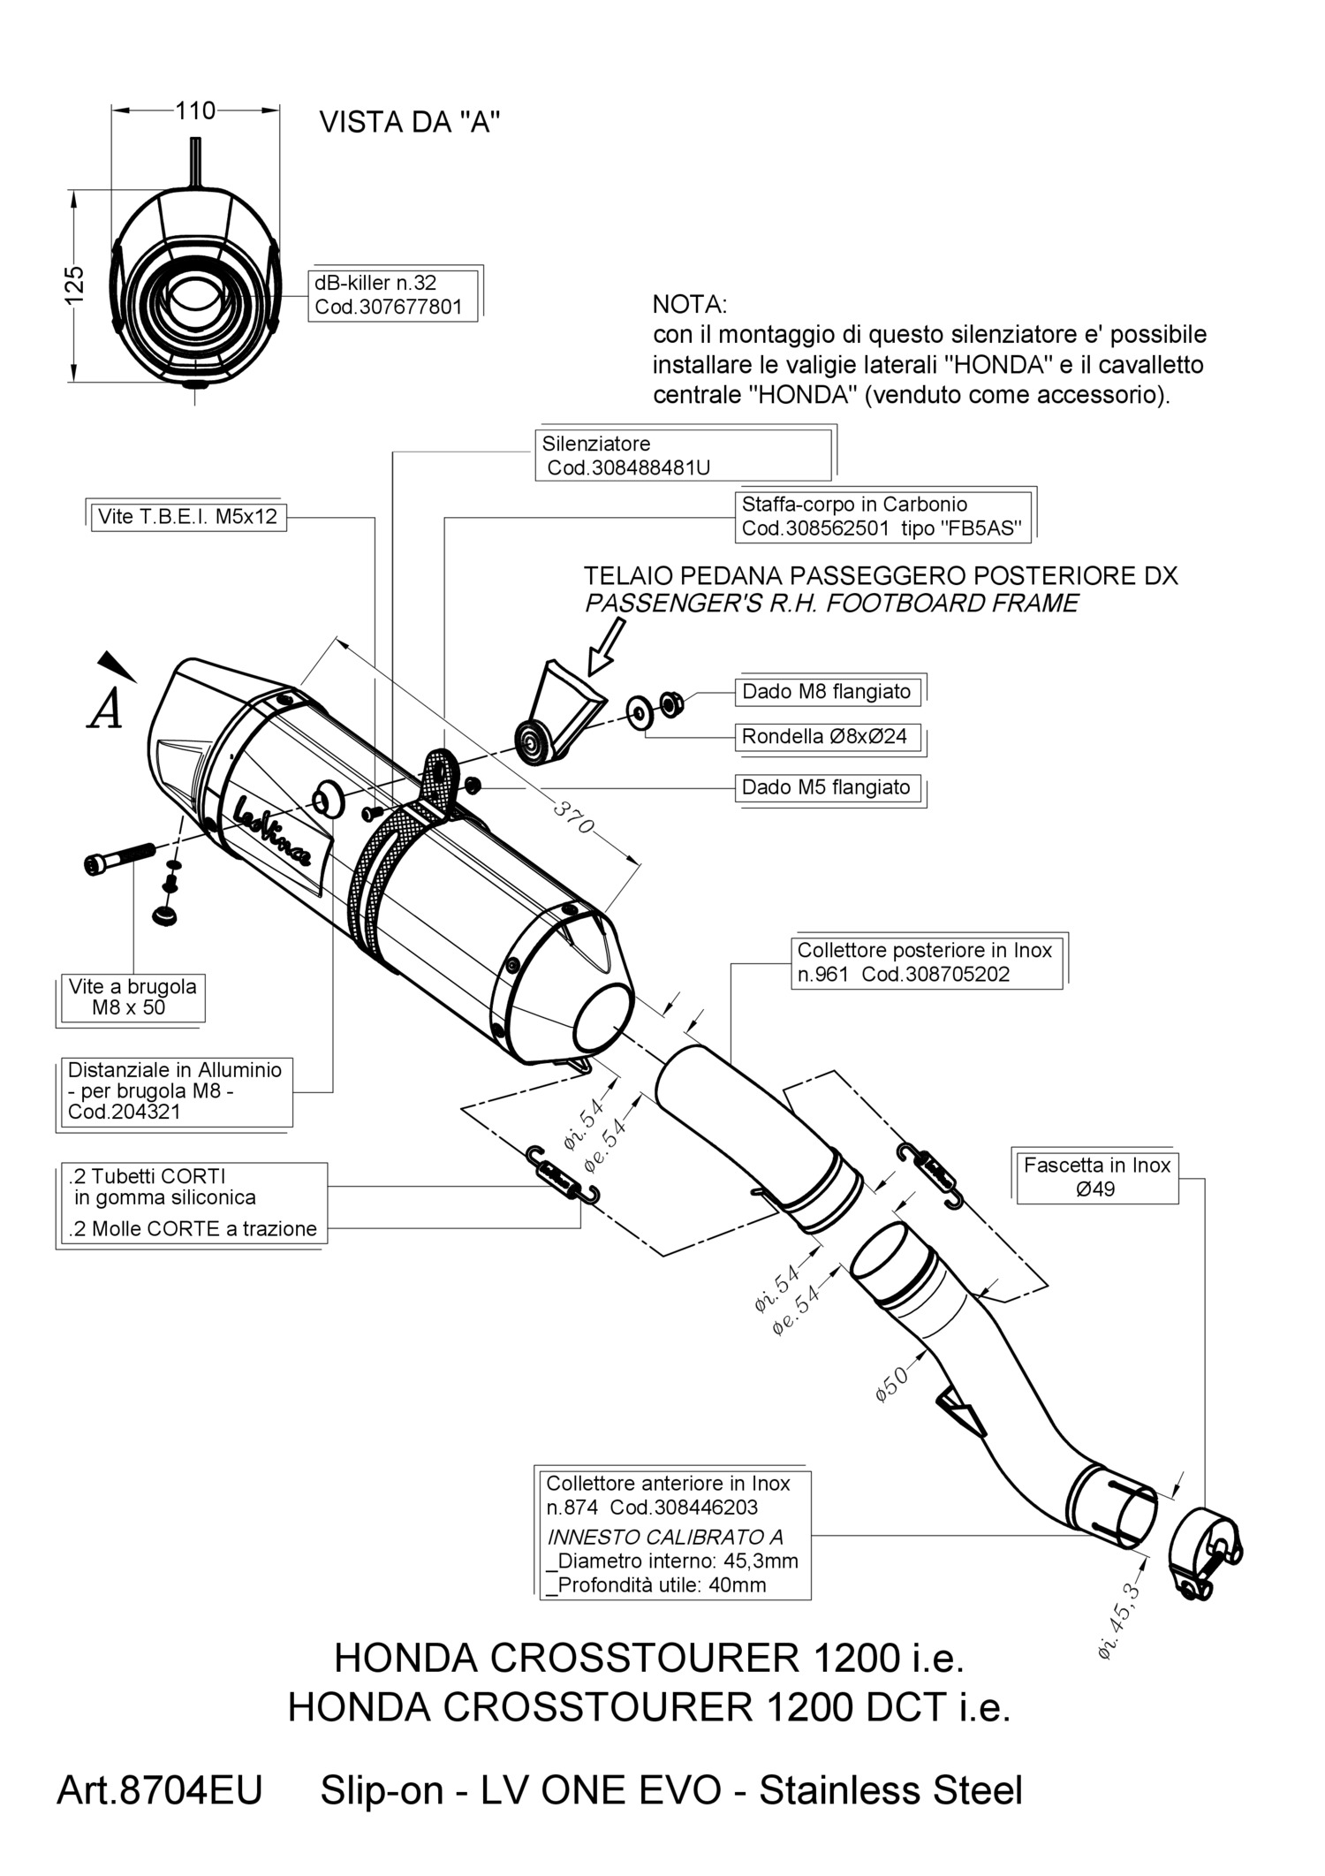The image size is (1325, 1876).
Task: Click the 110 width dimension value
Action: [x=195, y=110]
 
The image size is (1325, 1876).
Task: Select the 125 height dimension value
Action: [x=75, y=285]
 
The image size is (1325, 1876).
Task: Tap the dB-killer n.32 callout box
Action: [x=395, y=295]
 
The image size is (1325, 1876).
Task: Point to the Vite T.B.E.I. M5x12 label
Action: [x=188, y=517]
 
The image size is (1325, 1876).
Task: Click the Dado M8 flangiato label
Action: [x=827, y=691]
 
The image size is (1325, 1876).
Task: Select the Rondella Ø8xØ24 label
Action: [x=825, y=736]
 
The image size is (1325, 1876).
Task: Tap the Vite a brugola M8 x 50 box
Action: [x=132, y=997]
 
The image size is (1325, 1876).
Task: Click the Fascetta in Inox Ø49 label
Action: [x=1097, y=1177]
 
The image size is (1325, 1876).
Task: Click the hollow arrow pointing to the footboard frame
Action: [x=605, y=648]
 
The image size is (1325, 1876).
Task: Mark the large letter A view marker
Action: [x=106, y=709]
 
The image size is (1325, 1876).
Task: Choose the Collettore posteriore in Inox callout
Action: [x=925, y=962]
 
